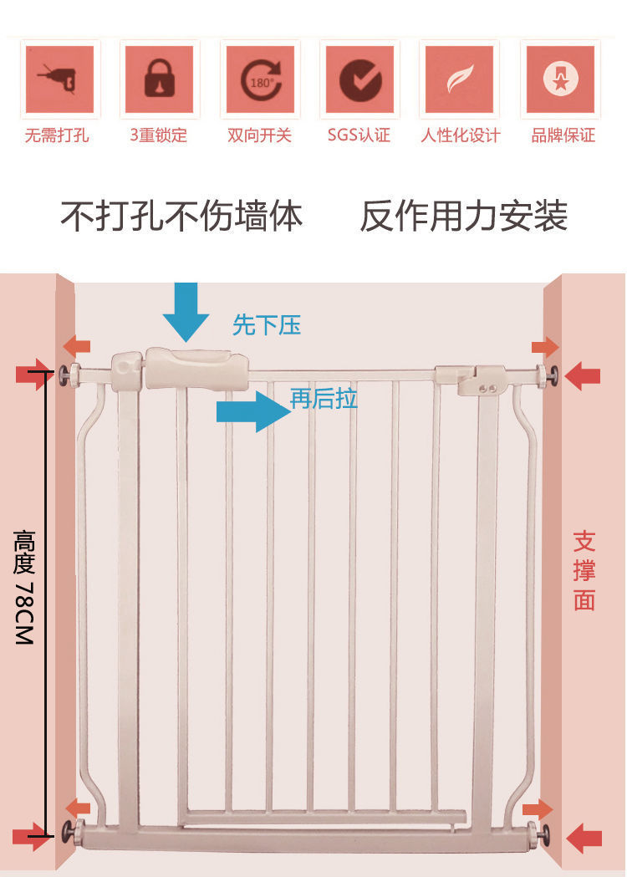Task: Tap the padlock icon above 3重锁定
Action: (159, 79)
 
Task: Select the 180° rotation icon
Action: (260, 79)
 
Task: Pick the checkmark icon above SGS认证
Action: (360, 79)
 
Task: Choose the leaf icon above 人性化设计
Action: (459, 79)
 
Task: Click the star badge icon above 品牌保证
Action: (559, 79)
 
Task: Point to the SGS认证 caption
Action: (359, 135)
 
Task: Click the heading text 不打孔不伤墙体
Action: (181, 217)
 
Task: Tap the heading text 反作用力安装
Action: (464, 217)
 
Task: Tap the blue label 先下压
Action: (267, 325)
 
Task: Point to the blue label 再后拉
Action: (324, 399)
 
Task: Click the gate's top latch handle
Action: (196, 369)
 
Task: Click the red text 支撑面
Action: (584, 570)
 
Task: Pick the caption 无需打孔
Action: (57, 135)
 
